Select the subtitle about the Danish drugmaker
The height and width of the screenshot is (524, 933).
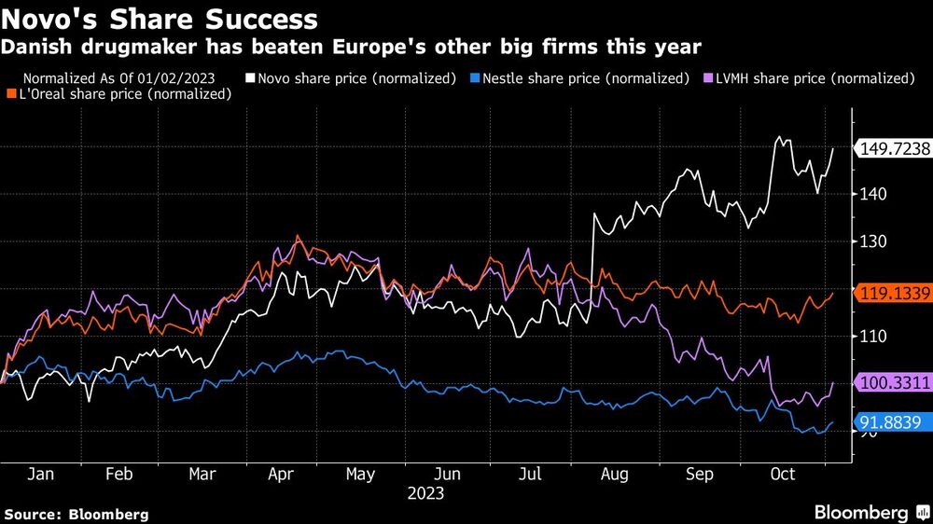point(353,46)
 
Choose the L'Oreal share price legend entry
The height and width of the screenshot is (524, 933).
point(118,93)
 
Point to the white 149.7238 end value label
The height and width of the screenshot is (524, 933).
point(894,147)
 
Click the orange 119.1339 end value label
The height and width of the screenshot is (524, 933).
point(894,292)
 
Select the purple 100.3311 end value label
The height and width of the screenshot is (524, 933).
point(894,382)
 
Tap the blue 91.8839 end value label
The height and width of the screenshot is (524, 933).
point(894,422)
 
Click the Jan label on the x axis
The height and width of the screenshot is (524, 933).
point(40,474)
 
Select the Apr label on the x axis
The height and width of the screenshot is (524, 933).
point(281,474)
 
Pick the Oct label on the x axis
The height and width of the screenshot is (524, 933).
point(782,474)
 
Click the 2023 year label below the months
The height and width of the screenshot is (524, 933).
point(425,492)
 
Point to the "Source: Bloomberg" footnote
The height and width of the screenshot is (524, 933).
point(77,514)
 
